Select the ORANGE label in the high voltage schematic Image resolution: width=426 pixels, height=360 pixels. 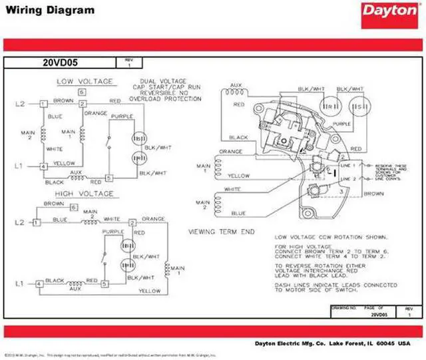(x=152, y=218)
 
